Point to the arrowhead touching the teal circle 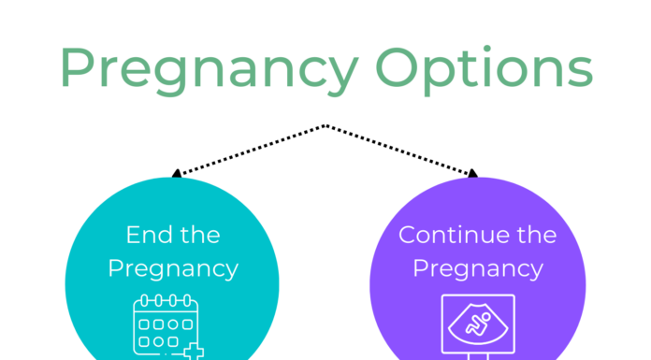pos(175,173)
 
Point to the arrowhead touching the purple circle pos(473,173)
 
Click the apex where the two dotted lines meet pos(325,125)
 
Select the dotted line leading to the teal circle pos(250,150)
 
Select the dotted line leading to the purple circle pos(399,150)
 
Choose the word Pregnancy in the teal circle pos(173,269)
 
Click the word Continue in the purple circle pos(445,234)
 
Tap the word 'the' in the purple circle pos(530,234)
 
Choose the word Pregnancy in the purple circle pos(478,269)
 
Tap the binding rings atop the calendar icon pos(165,300)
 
